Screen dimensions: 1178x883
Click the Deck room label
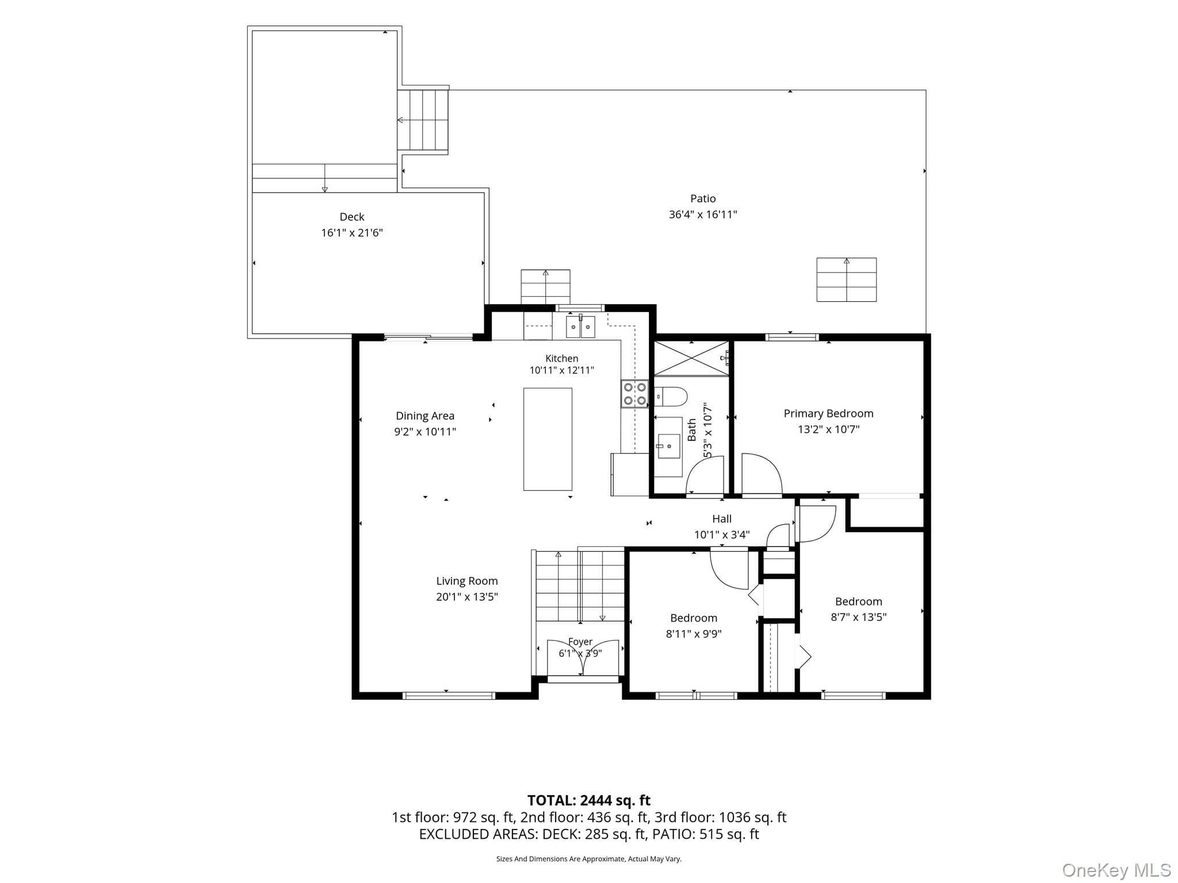tap(351, 217)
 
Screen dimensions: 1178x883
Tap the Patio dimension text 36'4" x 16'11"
tap(703, 214)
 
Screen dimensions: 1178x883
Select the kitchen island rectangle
tap(548, 439)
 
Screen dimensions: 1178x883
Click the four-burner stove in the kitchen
tap(634, 394)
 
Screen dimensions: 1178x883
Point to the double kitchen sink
tap(580, 327)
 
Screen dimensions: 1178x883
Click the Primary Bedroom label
tap(828, 413)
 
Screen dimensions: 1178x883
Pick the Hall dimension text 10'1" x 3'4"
tap(722, 535)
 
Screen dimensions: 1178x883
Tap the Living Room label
tap(466, 581)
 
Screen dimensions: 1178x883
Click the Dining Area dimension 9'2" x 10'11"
tap(425, 432)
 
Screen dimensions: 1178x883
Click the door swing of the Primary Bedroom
tap(762, 474)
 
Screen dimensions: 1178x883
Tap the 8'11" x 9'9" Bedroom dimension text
tap(694, 634)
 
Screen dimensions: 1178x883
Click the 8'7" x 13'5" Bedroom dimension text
tap(858, 617)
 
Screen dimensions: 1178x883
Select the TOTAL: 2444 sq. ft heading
tap(589, 800)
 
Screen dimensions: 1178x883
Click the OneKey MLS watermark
tap(1116, 870)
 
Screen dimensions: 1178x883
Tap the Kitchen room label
tap(561, 359)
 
